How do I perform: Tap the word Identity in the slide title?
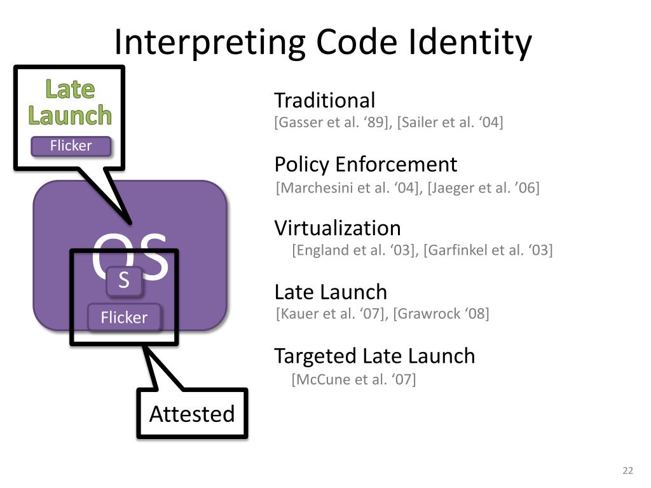click(x=470, y=43)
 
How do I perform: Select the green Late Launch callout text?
click(x=70, y=102)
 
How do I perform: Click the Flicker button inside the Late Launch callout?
click(x=71, y=146)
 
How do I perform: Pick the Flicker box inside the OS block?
click(x=124, y=318)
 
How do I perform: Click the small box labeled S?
click(x=124, y=280)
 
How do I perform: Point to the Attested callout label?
click(x=192, y=414)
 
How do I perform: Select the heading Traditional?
click(x=325, y=100)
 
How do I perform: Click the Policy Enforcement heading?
click(x=366, y=165)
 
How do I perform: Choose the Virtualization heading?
click(x=338, y=228)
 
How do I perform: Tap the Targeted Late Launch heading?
click(x=374, y=356)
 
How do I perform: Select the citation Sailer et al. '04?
click(x=450, y=123)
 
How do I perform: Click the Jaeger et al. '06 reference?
click(x=483, y=188)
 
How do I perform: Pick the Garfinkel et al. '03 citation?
click(x=488, y=250)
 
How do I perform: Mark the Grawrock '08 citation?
click(x=441, y=314)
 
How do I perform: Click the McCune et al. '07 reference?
click(x=353, y=379)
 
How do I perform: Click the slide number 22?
click(x=627, y=471)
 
